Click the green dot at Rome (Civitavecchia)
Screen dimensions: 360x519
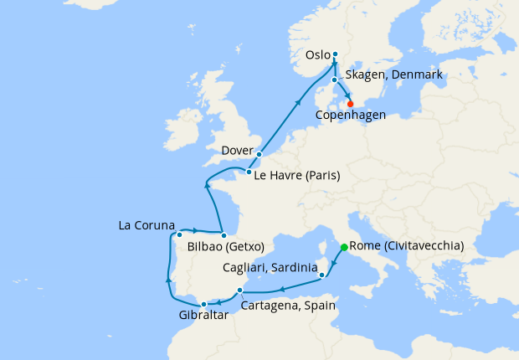point(344,248)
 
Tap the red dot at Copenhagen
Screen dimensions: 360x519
point(338,104)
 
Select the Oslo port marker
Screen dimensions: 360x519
point(335,54)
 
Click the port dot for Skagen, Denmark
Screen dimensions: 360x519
point(334,80)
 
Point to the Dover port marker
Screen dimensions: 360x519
point(259,154)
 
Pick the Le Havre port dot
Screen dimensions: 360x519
point(249,172)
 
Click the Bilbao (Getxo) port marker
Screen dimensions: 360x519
point(224,235)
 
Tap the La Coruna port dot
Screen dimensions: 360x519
point(179,235)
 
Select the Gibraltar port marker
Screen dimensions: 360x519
point(203,304)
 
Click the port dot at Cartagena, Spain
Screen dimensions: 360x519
point(239,291)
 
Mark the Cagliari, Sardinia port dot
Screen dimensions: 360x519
point(322,274)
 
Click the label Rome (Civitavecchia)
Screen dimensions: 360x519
point(405,247)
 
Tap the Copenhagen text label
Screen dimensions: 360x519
point(350,115)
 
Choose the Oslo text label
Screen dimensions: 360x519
point(317,55)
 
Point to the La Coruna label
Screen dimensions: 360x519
point(146,226)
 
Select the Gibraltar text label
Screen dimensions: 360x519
point(203,316)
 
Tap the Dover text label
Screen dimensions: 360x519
point(237,151)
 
